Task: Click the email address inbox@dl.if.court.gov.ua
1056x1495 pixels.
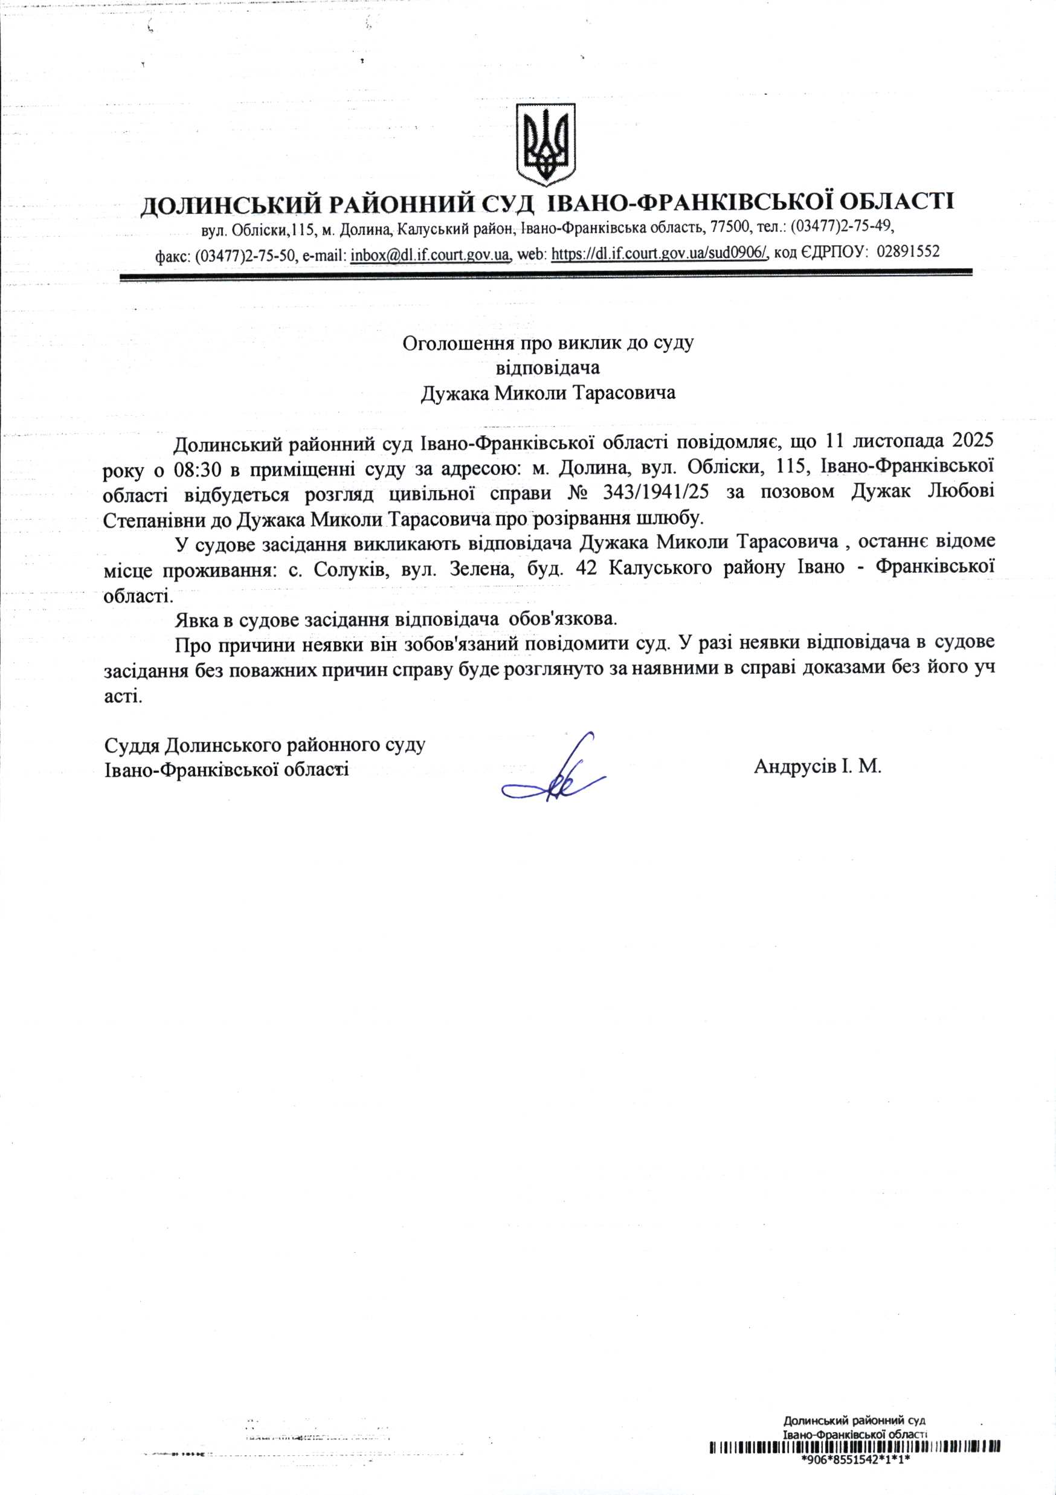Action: coord(430,253)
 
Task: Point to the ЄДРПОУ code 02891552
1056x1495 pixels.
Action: coord(908,252)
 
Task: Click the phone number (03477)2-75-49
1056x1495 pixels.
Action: coord(840,227)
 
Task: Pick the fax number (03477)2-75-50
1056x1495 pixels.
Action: coord(245,254)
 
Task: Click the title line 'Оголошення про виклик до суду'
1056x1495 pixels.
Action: coord(548,343)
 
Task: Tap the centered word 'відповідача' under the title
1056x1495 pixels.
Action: coord(547,368)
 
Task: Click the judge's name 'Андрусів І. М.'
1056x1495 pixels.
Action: coord(817,766)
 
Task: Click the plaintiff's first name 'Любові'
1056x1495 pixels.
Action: coord(961,494)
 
